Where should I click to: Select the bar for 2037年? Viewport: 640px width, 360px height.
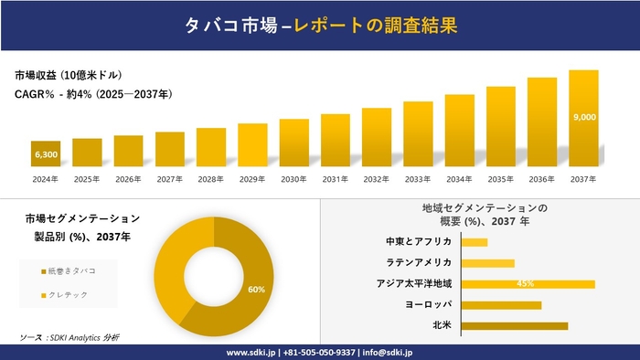(583, 119)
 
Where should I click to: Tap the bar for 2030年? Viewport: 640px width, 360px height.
(293, 143)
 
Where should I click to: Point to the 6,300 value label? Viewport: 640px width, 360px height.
(46, 154)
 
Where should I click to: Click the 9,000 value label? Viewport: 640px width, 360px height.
(583, 117)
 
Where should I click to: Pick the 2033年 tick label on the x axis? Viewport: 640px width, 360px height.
(418, 179)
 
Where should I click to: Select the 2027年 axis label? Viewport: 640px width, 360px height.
(170, 179)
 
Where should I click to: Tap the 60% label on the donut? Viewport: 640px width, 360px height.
(256, 290)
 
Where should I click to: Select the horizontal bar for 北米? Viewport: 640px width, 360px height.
(514, 325)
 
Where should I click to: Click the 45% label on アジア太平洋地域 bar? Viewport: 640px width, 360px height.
(525, 284)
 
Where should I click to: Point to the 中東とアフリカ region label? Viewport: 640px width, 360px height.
(419, 242)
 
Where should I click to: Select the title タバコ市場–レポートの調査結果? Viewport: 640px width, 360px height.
(319, 26)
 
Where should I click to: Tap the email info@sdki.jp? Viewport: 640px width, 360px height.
(389, 352)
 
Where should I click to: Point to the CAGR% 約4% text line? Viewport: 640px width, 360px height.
(93, 94)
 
